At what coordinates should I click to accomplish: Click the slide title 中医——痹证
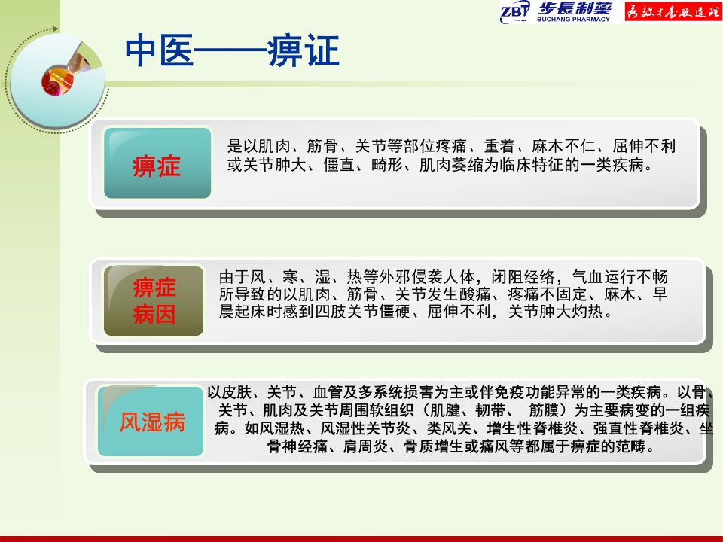[x=232, y=50]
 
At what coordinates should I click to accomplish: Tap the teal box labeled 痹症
[x=157, y=163]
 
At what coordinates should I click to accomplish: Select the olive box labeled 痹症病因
[x=154, y=301]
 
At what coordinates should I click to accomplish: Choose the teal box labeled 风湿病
[x=151, y=422]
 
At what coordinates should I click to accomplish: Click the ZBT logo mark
[x=514, y=11]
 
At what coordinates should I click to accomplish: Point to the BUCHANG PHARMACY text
[x=573, y=20]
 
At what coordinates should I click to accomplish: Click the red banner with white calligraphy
[x=673, y=11]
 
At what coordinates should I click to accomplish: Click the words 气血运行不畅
[x=620, y=276]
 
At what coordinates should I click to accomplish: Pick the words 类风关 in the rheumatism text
[x=449, y=428]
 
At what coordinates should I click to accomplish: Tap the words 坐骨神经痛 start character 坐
[x=706, y=428]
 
